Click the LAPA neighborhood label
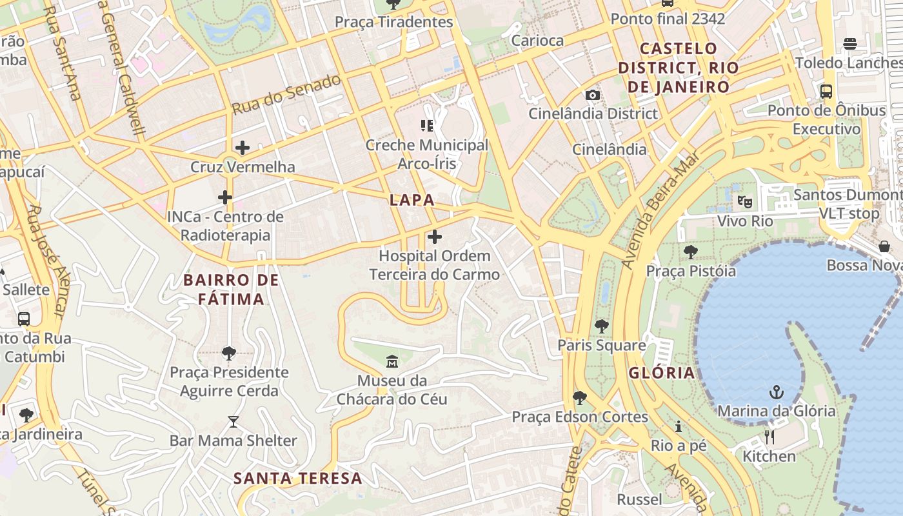(x=412, y=200)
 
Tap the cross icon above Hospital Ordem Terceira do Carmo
(x=435, y=237)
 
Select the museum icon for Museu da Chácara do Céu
(x=392, y=361)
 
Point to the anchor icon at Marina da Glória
(x=777, y=392)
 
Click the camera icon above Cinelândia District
(x=592, y=95)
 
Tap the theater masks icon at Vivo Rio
(x=745, y=202)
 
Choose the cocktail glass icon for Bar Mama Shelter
(x=233, y=422)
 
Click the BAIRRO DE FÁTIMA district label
(x=231, y=290)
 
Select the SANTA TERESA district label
(x=297, y=478)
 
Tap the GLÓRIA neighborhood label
(x=662, y=373)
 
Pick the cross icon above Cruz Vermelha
(x=243, y=148)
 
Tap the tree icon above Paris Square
(x=601, y=326)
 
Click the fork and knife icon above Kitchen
(x=769, y=437)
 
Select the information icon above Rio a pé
(x=679, y=427)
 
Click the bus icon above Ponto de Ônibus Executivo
(x=826, y=92)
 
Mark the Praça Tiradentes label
(x=393, y=22)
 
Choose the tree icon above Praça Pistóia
(x=690, y=252)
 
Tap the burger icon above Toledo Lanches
(x=850, y=44)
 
